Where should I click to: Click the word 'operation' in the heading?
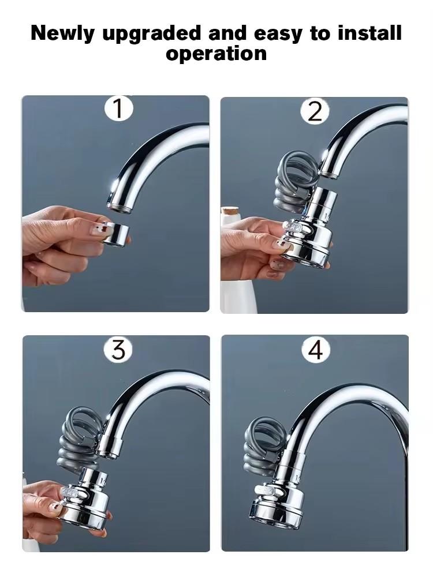click(x=216, y=53)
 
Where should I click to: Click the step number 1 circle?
click(x=118, y=109)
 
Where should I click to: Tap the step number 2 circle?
click(x=315, y=110)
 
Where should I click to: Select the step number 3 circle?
click(x=118, y=349)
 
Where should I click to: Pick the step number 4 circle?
click(x=315, y=350)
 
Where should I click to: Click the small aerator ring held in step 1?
click(x=116, y=234)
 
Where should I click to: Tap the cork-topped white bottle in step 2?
click(x=231, y=254)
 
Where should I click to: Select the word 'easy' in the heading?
click(x=275, y=34)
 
